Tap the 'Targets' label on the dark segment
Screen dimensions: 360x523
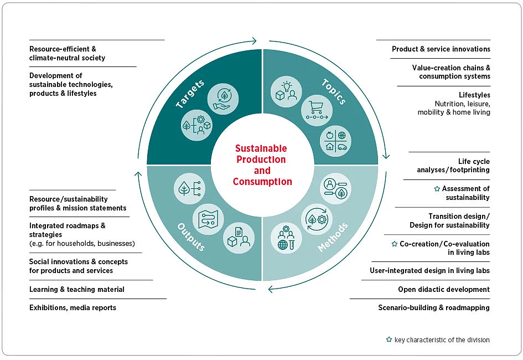click(x=190, y=94)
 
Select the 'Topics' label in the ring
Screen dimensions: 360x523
click(x=334, y=91)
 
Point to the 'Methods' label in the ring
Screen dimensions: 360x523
click(x=334, y=238)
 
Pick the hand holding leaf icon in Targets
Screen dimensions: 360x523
click(x=224, y=97)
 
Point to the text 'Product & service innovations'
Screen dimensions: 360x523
click(x=441, y=49)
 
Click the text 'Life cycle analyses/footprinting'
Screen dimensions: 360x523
click(x=453, y=166)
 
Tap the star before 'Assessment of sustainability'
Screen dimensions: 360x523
click(x=437, y=189)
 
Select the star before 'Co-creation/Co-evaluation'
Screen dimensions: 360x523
click(x=395, y=244)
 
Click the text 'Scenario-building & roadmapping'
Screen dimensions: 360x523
click(x=434, y=307)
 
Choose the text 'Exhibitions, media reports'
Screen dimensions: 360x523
click(x=73, y=307)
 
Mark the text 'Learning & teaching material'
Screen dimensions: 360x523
click(x=77, y=289)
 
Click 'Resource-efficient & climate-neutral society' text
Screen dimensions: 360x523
click(x=68, y=53)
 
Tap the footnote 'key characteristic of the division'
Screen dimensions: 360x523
click(x=442, y=340)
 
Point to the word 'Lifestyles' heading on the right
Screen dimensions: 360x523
click(x=474, y=95)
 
